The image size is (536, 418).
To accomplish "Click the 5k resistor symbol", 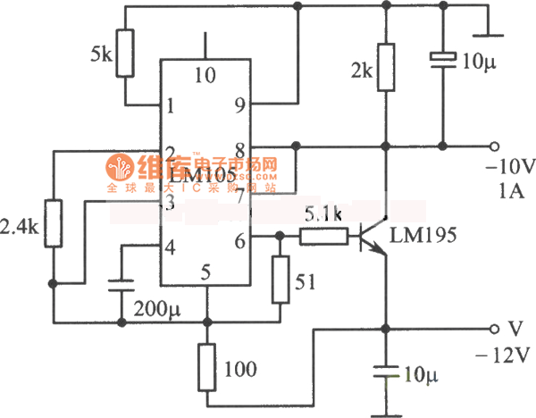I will [x=126, y=54].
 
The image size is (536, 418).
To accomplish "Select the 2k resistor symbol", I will [x=386, y=68].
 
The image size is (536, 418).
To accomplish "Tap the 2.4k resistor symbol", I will [x=54, y=223].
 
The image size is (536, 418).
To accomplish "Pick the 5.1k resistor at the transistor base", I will [x=322, y=237].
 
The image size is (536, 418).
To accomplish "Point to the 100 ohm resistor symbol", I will [x=207, y=365].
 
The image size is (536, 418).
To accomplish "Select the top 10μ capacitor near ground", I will [x=441, y=59].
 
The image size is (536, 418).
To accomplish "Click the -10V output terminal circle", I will [x=493, y=146].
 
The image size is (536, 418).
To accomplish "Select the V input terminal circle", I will [x=493, y=328].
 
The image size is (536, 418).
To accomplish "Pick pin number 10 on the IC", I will [x=205, y=76].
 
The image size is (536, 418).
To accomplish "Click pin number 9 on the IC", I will [x=239, y=104].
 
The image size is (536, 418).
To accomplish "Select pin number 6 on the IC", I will [x=239, y=239].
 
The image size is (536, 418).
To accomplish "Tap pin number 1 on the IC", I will [x=169, y=105].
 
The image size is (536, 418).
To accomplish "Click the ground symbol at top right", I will [x=488, y=36].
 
